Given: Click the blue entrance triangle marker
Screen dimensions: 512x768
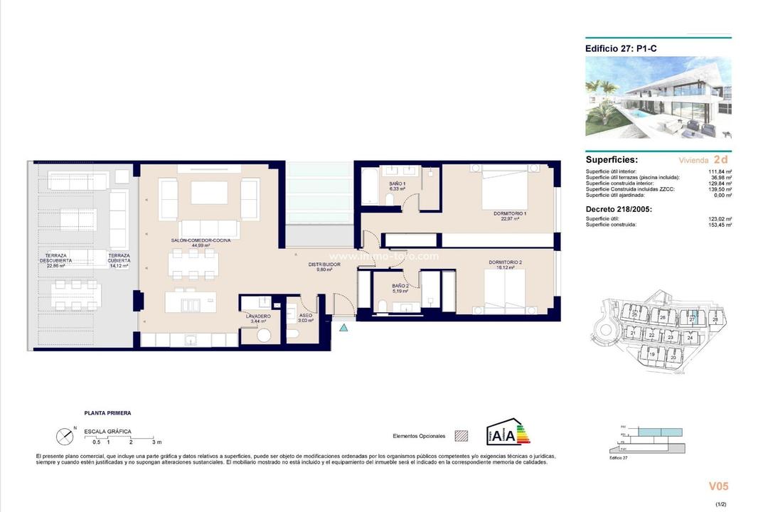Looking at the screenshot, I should coord(344,328).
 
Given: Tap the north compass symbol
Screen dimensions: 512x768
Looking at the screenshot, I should coord(65,434).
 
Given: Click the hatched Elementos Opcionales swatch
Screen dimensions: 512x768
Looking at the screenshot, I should coord(461,435).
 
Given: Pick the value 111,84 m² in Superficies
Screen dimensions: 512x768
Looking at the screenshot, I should coord(719,171).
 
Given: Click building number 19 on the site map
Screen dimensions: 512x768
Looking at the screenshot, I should coord(651,354).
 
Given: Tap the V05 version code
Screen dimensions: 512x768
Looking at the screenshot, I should coord(718,486).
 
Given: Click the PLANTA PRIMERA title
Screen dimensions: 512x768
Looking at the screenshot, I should coord(107,412).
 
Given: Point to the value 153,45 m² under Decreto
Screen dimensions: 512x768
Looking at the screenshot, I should coord(719,225).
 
